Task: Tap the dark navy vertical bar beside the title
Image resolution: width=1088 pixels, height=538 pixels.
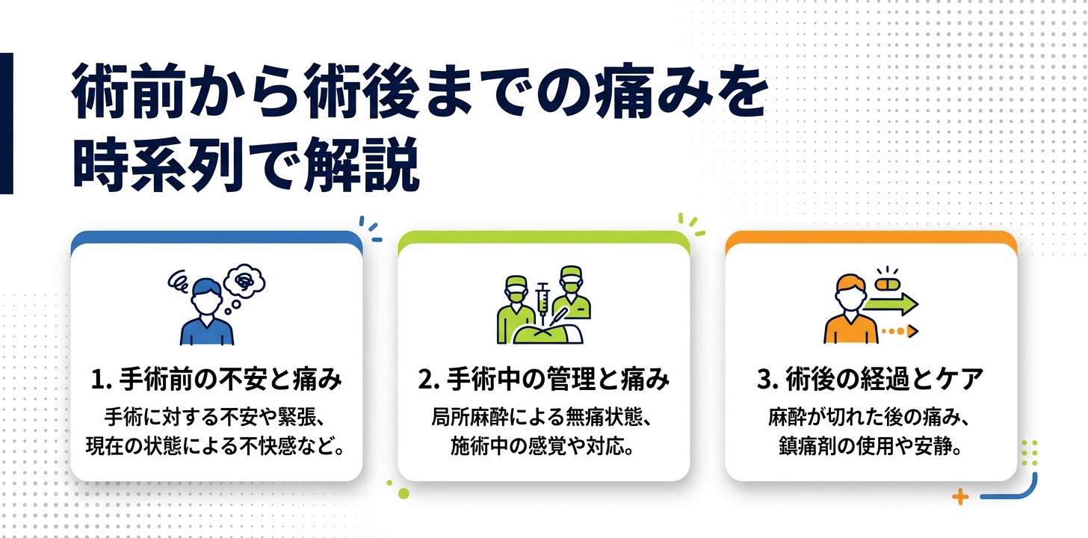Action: pos(6,123)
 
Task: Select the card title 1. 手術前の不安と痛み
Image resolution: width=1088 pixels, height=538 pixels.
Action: pos(216,380)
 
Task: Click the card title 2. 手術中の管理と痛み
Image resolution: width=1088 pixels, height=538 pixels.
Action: pos(543,380)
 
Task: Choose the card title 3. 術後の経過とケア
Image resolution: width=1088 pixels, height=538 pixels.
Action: pos(871,380)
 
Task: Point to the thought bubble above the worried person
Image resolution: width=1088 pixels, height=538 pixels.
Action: pos(245,281)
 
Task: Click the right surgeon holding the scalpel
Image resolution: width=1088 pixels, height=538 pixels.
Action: pos(574,303)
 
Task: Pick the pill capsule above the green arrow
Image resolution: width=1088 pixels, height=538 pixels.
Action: pos(887,285)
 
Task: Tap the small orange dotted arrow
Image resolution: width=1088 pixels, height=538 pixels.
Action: pos(899,330)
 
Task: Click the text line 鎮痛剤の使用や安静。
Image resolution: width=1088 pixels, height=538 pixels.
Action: pos(871,448)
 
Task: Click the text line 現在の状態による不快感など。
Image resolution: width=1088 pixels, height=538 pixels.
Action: pos(216,448)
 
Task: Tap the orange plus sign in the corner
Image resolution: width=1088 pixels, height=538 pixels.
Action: pos(961,497)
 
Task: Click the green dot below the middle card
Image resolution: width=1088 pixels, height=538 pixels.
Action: pos(404,493)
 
